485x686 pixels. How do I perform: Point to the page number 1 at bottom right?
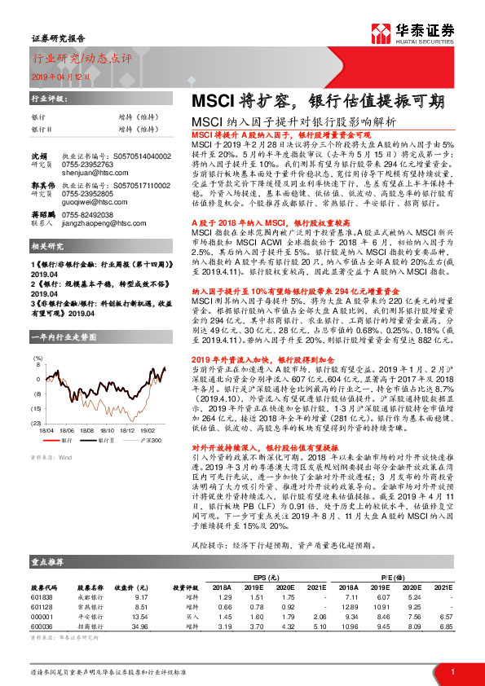click(x=452, y=671)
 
